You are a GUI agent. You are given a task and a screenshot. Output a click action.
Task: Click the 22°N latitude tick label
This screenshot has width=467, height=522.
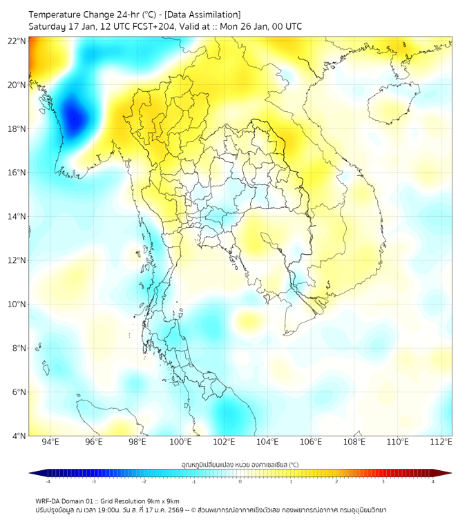[x=17, y=41]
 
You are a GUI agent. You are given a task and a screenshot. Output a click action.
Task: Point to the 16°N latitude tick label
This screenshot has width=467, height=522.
[x=17, y=173]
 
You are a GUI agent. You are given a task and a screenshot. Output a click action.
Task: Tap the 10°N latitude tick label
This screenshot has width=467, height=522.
[x=17, y=304]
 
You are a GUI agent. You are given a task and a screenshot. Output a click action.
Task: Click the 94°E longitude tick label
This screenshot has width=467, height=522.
[x=50, y=443]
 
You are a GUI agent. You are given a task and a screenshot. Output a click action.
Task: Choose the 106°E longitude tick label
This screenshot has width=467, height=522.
[x=311, y=443]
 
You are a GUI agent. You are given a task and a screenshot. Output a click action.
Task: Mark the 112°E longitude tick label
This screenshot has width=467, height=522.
[x=441, y=443]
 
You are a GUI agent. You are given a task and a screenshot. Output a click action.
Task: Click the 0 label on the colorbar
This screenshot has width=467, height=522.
[x=240, y=481]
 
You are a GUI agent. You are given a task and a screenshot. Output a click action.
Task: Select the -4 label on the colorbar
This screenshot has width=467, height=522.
[x=47, y=481]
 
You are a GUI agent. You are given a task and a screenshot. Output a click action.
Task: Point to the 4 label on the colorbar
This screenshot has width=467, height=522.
[x=433, y=481]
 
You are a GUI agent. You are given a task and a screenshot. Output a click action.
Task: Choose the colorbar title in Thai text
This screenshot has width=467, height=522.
[x=240, y=464]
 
